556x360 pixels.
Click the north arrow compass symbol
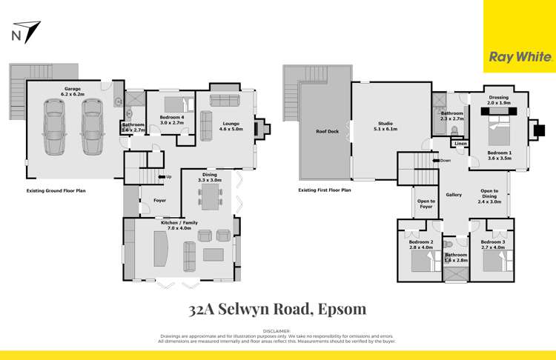tap(27, 32)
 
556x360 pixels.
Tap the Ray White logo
tap(519, 56)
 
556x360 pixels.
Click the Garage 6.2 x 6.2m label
tap(73, 92)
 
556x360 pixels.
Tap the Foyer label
tap(160, 200)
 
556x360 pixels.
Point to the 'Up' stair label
tap(169, 177)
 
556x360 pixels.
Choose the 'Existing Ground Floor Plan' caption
tap(56, 190)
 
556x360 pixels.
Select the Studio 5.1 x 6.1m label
tap(385, 126)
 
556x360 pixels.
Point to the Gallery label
tap(454, 195)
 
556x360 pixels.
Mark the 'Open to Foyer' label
tap(426, 203)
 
